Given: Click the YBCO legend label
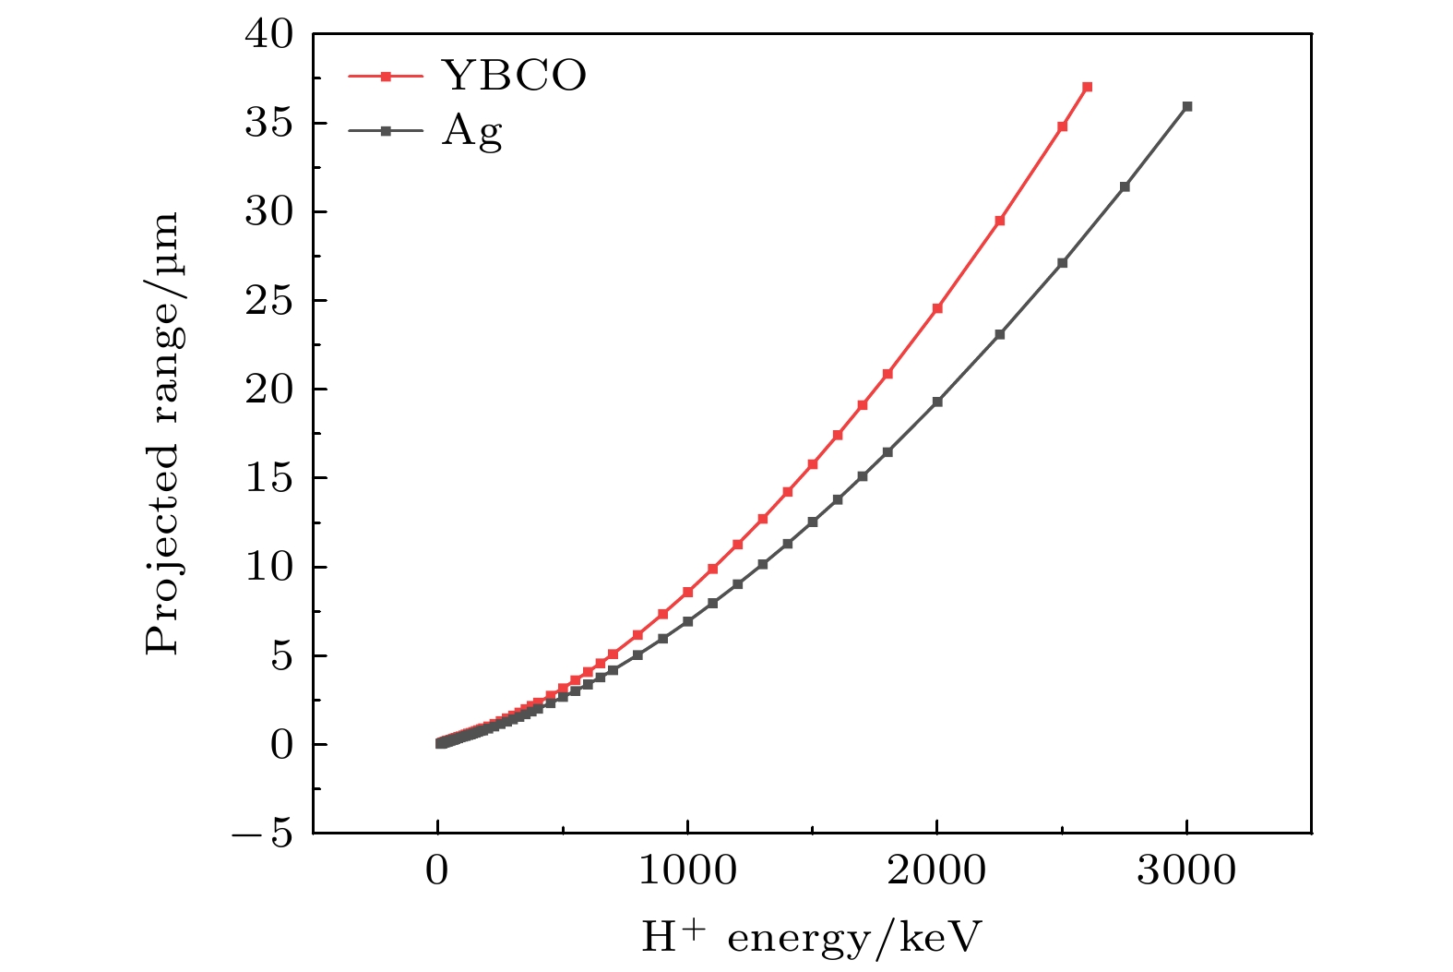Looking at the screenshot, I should click(x=514, y=76).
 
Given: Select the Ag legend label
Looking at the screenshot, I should click(x=472, y=131).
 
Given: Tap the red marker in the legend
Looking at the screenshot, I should click(x=387, y=77).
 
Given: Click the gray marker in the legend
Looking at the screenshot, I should click(x=387, y=131).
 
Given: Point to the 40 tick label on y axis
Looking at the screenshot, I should click(x=268, y=35).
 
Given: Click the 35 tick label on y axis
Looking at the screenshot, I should click(x=268, y=124).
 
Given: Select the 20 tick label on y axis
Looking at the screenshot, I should click(x=268, y=390).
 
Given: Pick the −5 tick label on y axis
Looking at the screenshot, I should click(x=264, y=834).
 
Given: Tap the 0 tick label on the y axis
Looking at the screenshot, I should click(x=281, y=745).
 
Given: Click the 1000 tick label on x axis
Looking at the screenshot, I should click(x=687, y=870).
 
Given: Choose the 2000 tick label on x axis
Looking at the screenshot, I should click(x=937, y=870).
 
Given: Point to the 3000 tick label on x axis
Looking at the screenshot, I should click(x=1186, y=870).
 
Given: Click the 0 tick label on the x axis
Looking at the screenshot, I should click(x=437, y=870).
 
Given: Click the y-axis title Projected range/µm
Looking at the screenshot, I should click(x=162, y=434).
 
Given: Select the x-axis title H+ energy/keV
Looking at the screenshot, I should click(x=811, y=938).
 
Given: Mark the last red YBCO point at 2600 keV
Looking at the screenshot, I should click(x=1087, y=87).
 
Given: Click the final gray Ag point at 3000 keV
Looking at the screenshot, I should click(x=1187, y=106).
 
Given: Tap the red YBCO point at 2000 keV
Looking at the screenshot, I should click(x=937, y=308).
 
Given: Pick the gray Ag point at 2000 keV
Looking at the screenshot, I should click(x=937, y=402).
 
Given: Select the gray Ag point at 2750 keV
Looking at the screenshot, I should click(x=1125, y=186).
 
